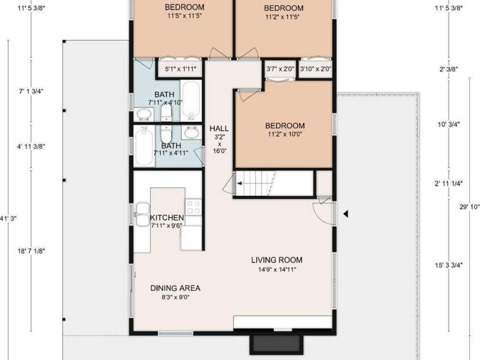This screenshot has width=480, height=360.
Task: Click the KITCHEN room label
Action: point(167,218)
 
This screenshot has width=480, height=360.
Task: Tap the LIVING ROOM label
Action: point(277,260)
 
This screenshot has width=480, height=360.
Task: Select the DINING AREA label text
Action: point(175,288)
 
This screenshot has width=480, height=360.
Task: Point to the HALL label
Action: point(219,128)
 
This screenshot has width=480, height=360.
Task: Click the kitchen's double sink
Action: point(142,214)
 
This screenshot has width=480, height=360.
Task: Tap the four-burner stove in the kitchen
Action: point(194,207)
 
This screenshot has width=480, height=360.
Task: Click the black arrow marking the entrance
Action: point(346,214)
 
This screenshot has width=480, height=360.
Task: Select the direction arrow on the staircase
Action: point(240,183)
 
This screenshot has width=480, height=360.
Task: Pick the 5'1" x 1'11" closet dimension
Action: point(180,69)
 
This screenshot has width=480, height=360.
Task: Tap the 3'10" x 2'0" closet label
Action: point(315,69)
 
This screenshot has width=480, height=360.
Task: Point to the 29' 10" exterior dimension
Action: point(470,207)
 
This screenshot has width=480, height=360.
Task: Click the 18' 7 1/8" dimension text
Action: point(31,251)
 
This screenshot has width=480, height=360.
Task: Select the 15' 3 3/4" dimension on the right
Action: point(449,265)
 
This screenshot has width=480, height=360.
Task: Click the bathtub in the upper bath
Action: point(191,100)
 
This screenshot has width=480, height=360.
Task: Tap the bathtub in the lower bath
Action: point(144,146)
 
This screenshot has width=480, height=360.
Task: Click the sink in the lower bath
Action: point(192,133)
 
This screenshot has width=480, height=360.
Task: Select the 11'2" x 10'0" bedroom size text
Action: point(285,134)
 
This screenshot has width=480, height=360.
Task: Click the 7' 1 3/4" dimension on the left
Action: point(31,91)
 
